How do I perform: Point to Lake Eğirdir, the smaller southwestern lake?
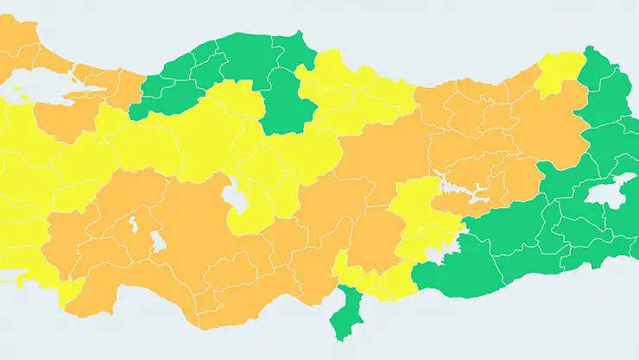pyautogui.click(x=134, y=227)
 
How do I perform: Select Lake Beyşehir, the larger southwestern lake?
pyautogui.click(x=157, y=243)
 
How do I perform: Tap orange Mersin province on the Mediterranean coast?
pyautogui.click(x=250, y=294)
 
